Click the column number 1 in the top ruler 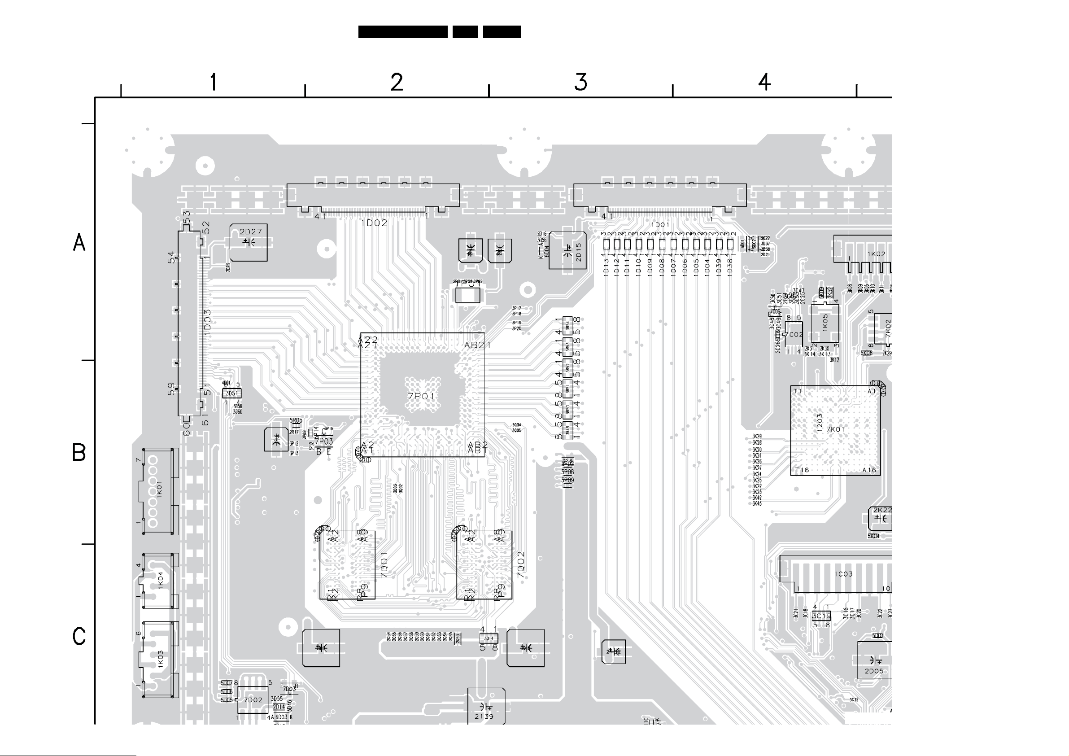coord(213,82)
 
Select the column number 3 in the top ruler coord(580,82)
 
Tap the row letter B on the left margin coord(79,452)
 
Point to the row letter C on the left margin coord(79,636)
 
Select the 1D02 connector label coord(374,223)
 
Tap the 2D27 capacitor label coord(250,232)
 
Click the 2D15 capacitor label coord(579,252)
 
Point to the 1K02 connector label coord(876,254)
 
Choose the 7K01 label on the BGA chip coord(836,429)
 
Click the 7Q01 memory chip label coord(384,565)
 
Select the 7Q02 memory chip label coord(520,565)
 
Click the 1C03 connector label coord(844,574)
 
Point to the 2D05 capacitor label coord(874,671)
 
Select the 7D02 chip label coord(253,699)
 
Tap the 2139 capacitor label coord(484,717)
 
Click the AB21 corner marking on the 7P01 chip coord(477,345)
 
